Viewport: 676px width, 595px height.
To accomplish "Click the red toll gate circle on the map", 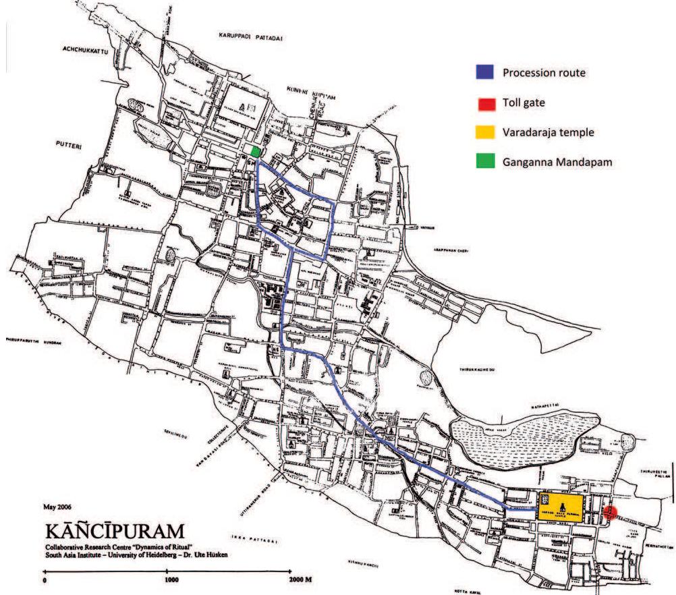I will click(610, 512).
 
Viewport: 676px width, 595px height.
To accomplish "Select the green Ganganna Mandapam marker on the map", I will click(255, 152).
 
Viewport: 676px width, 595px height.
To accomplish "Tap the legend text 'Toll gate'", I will click(524, 103).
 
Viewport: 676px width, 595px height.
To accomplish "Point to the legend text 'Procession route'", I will click(544, 72).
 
